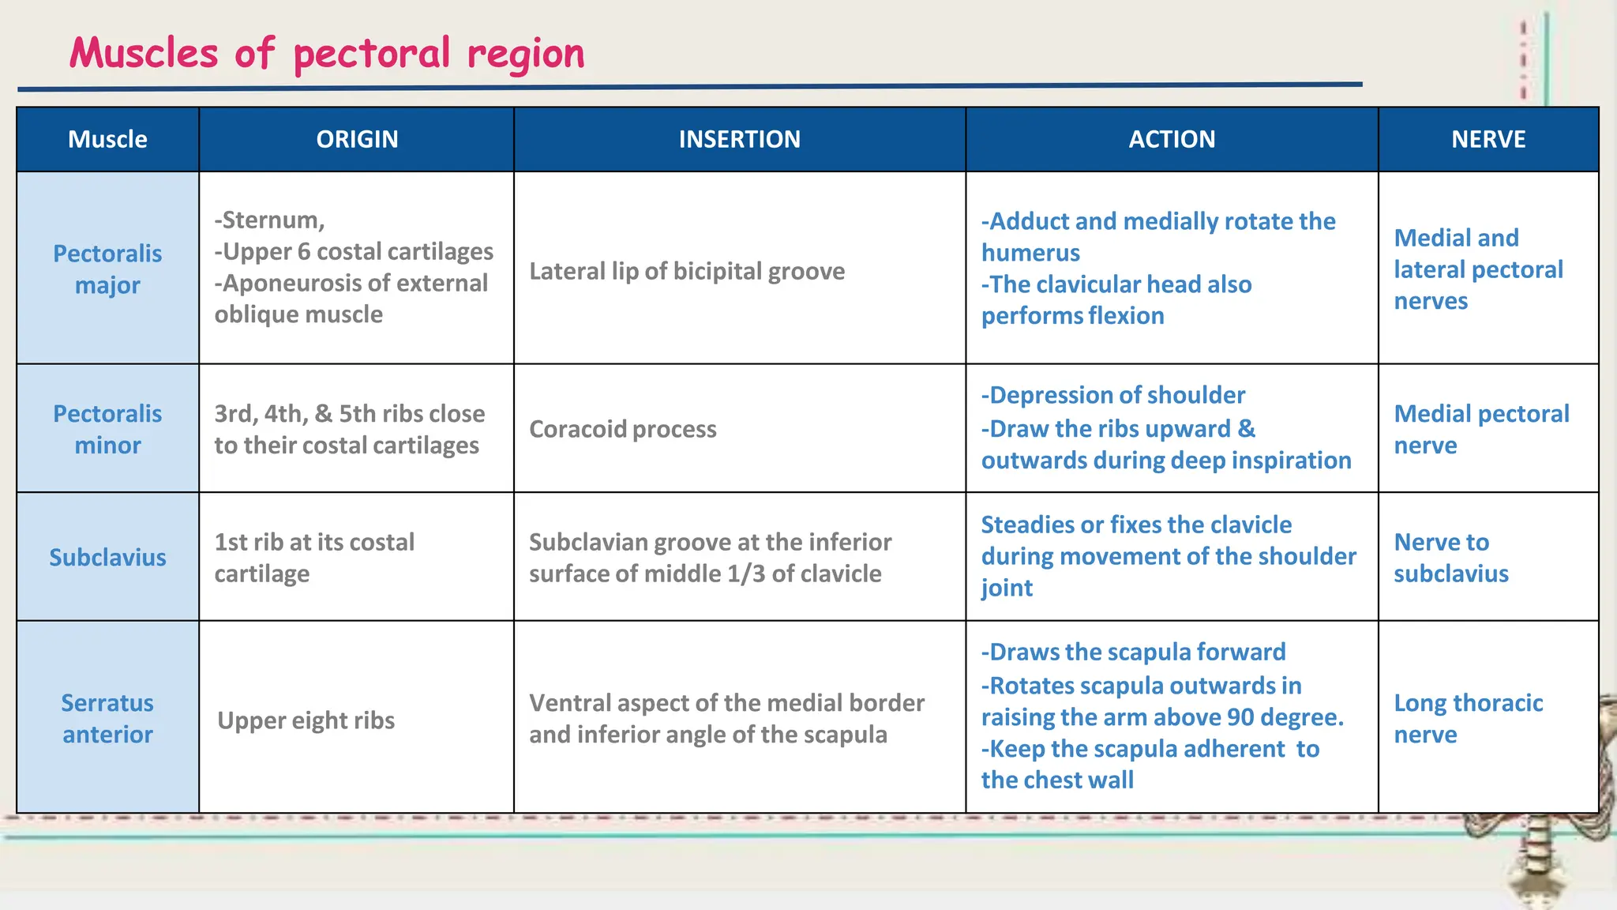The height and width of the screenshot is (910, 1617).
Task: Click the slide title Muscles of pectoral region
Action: pyautogui.click(x=327, y=54)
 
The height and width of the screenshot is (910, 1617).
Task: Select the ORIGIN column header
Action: pyautogui.click(x=357, y=139)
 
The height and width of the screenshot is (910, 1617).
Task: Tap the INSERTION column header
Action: pyautogui.click(x=739, y=139)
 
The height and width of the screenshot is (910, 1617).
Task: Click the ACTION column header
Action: pyautogui.click(x=1172, y=139)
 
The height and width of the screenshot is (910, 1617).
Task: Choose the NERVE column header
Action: pyautogui.click(x=1488, y=139)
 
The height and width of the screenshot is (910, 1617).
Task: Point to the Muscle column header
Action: pyautogui.click(x=107, y=139)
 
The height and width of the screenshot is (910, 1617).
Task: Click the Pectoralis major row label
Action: pyautogui.click(x=107, y=269)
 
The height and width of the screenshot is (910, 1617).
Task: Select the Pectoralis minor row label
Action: pyautogui.click(x=107, y=429)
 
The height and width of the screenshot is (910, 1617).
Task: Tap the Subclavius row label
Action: pyautogui.click(x=107, y=557)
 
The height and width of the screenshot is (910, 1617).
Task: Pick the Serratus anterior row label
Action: pyautogui.click(x=107, y=718)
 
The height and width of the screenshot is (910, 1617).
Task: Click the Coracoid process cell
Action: pyautogui.click(x=623, y=429)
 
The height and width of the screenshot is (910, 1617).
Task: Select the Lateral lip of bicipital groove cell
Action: pyautogui.click(x=687, y=271)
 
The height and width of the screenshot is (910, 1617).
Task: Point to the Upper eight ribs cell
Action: pyautogui.click(x=306, y=720)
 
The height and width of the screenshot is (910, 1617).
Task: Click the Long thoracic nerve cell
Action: pyautogui.click(x=1468, y=718)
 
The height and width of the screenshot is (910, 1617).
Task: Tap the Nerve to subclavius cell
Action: pyautogui.click(x=1451, y=558)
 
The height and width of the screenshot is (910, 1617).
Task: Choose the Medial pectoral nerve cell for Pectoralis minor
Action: pyautogui.click(x=1480, y=429)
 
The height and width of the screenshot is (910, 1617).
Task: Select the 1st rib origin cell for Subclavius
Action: pyautogui.click(x=314, y=558)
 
